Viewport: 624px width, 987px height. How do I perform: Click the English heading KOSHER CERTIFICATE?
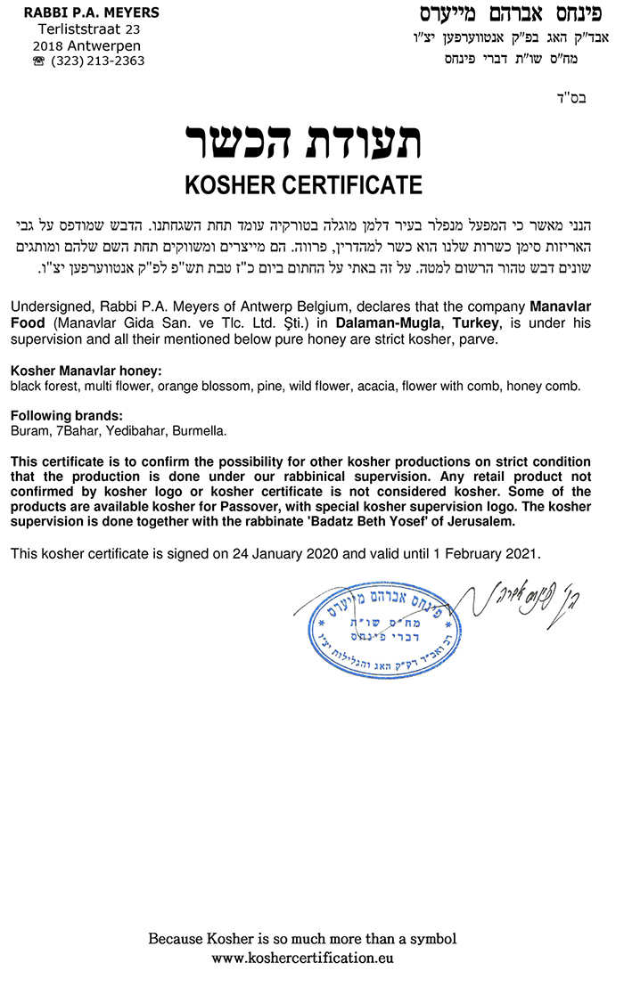303,185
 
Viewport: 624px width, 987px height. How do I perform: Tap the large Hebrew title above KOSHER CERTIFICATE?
303,141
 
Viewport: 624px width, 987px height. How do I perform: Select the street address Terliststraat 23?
83,29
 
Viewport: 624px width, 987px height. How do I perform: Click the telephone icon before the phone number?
39,61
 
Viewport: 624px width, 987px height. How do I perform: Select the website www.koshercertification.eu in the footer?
302,958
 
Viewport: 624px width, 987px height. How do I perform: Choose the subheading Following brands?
66,416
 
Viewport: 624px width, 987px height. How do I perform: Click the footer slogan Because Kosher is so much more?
302,939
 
